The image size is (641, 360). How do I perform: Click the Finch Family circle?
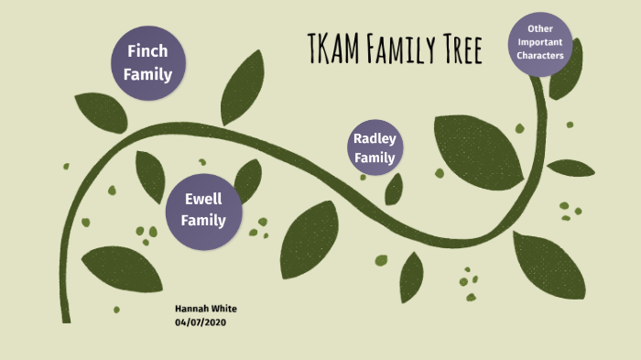pyautogui.click(x=148, y=62)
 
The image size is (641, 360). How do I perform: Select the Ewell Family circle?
pyautogui.click(x=202, y=209)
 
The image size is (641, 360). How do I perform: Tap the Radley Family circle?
pyautogui.click(x=375, y=148)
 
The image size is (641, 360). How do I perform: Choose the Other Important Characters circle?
pyautogui.click(x=539, y=43)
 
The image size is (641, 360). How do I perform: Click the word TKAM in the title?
pyautogui.click(x=334, y=48)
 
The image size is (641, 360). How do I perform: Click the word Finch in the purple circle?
pyautogui.click(x=147, y=51)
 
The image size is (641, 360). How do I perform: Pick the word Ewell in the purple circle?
pyautogui.click(x=202, y=198)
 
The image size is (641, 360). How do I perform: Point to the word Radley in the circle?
pyautogui.click(x=375, y=139)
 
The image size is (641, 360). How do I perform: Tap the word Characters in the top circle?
pyautogui.click(x=539, y=56)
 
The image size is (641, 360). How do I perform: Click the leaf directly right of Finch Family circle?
pyautogui.click(x=243, y=87)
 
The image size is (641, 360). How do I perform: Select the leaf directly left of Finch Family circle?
pyautogui.click(x=100, y=112)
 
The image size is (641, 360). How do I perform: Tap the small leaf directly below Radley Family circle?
pyautogui.click(x=395, y=189)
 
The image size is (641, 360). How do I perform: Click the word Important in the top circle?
pyautogui.click(x=539, y=43)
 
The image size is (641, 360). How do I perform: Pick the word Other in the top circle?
pyautogui.click(x=539, y=29)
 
